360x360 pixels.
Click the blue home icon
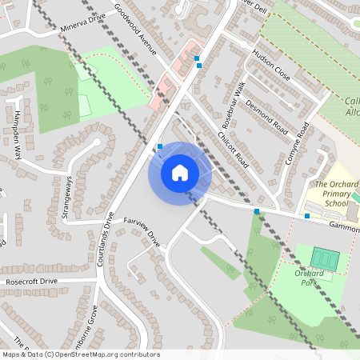(180, 172)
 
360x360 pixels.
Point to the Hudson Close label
(270, 64)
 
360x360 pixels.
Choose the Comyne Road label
(297, 145)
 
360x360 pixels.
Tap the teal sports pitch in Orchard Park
(325, 258)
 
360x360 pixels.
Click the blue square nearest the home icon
(160, 146)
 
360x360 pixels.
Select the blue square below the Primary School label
(307, 215)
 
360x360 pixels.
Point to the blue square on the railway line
(257, 212)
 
